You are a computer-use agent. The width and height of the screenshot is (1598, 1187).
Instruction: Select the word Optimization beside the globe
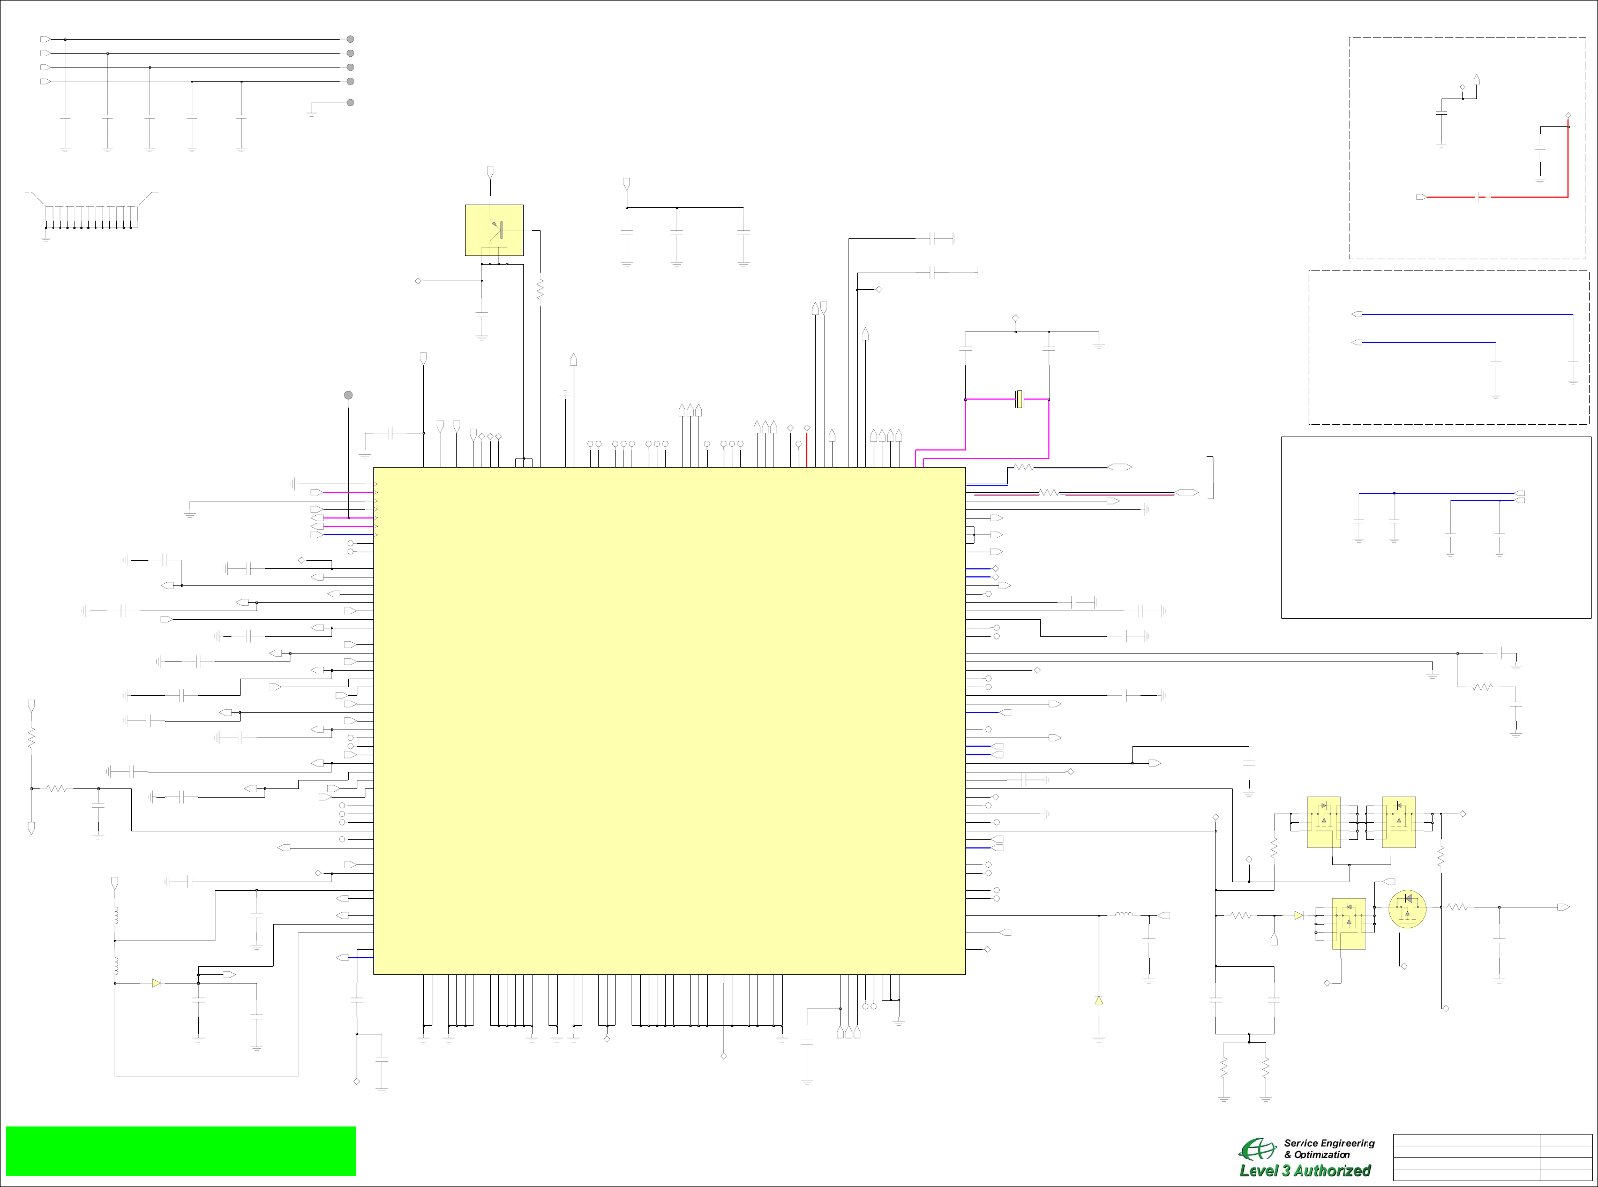[1322, 1155]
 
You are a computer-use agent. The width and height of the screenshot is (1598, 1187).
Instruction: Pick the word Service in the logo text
[1301, 1143]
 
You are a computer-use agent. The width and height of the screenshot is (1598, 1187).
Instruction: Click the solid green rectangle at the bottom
[181, 1151]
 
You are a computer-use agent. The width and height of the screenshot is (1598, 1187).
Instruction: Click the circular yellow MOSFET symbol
[1407, 909]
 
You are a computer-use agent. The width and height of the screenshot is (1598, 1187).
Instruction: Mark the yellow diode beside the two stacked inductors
[156, 983]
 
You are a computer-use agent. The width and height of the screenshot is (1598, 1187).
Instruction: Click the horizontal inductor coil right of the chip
[1124, 915]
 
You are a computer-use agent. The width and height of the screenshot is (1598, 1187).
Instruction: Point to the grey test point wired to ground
[350, 102]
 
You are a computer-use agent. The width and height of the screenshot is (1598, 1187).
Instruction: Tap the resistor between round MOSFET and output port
[1457, 907]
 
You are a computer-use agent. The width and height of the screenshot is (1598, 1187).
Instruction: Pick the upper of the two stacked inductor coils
[115, 915]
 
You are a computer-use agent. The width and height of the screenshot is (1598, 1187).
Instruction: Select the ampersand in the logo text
[1288, 1155]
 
